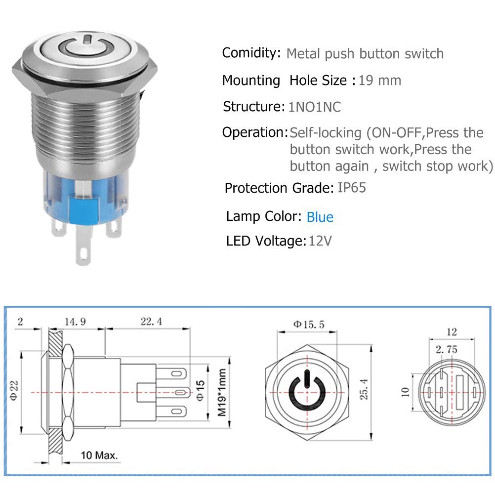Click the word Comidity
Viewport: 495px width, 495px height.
(x=250, y=53)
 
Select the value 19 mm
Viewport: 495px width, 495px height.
(x=379, y=80)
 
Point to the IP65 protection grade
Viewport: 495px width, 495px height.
(x=352, y=188)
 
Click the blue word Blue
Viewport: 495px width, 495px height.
(x=320, y=217)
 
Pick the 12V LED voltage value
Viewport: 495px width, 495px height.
(x=320, y=241)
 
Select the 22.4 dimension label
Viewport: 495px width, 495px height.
(x=147, y=321)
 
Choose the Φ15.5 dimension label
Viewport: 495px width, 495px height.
(x=308, y=325)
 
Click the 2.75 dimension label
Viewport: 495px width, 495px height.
(x=447, y=349)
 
